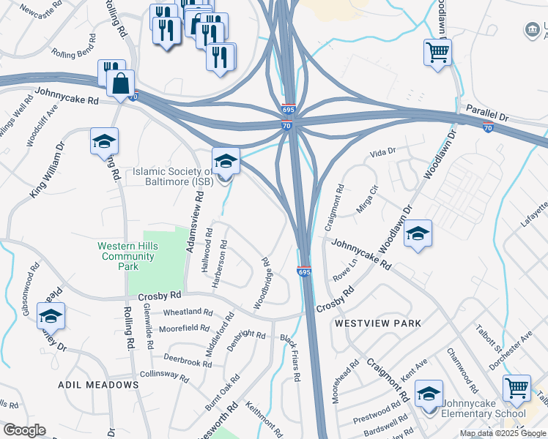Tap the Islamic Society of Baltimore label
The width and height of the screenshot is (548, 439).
[x=169, y=176]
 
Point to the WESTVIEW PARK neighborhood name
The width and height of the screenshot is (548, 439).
[x=378, y=323]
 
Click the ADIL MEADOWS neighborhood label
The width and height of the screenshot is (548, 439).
[x=99, y=384]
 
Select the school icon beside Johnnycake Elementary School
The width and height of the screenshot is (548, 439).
[x=429, y=393]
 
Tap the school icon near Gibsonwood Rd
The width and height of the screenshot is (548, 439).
[x=51, y=315]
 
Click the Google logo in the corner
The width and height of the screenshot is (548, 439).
[x=24, y=430]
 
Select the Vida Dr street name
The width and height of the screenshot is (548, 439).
[x=382, y=151]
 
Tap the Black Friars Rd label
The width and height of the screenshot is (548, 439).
[x=291, y=358]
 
